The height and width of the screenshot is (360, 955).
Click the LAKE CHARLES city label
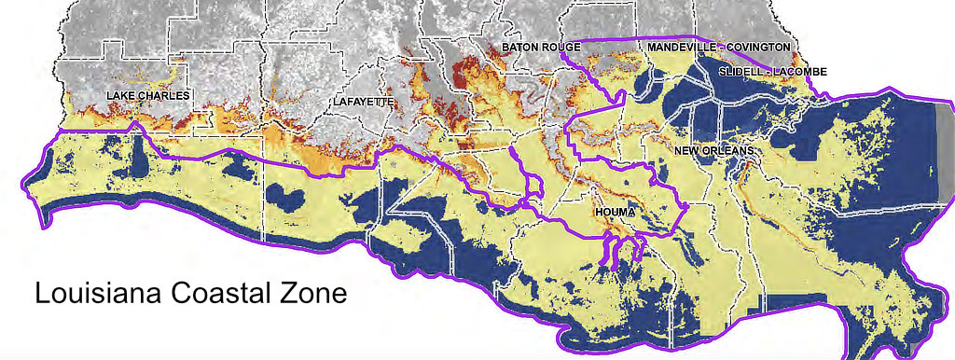tap(147, 96)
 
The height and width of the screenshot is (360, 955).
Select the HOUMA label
tap(614, 214)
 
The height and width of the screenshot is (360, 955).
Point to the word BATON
tap(520, 47)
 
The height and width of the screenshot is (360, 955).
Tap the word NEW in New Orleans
tap(689, 150)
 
